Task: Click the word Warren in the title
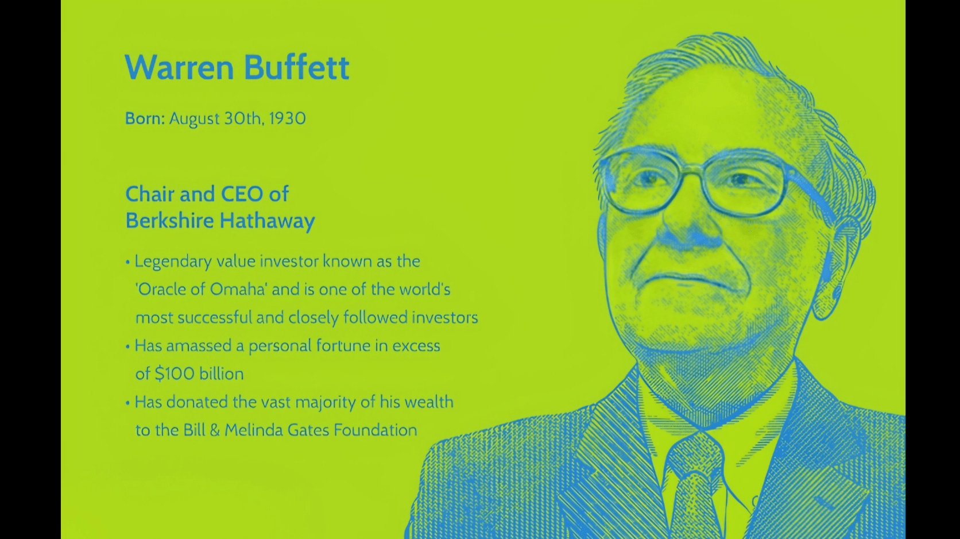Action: [x=179, y=67]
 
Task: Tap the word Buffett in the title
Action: [x=297, y=67]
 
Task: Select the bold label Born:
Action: [x=145, y=118]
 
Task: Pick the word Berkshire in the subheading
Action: [x=169, y=221]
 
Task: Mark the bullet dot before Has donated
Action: [x=127, y=403]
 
